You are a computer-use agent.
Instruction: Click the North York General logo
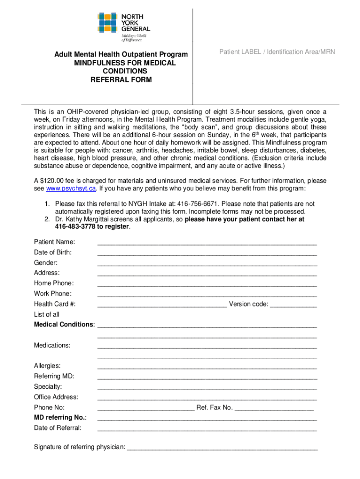pyautogui.click(x=123, y=25)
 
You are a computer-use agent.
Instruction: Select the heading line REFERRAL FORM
pyautogui.click(x=121, y=80)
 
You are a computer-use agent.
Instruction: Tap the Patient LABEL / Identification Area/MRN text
pyautogui.click(x=277, y=52)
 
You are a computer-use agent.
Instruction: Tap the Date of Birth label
pyautogui.click(x=52, y=252)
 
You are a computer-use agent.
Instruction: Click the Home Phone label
pyautogui.click(x=54, y=283)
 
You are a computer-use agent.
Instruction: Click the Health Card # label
pyautogui.click(x=55, y=304)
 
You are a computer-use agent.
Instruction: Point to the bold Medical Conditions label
pyautogui.click(x=64, y=325)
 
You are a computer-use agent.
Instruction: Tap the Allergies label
pyautogui.click(x=47, y=366)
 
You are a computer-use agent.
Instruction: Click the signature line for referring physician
pyautogui.click(x=222, y=448)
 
